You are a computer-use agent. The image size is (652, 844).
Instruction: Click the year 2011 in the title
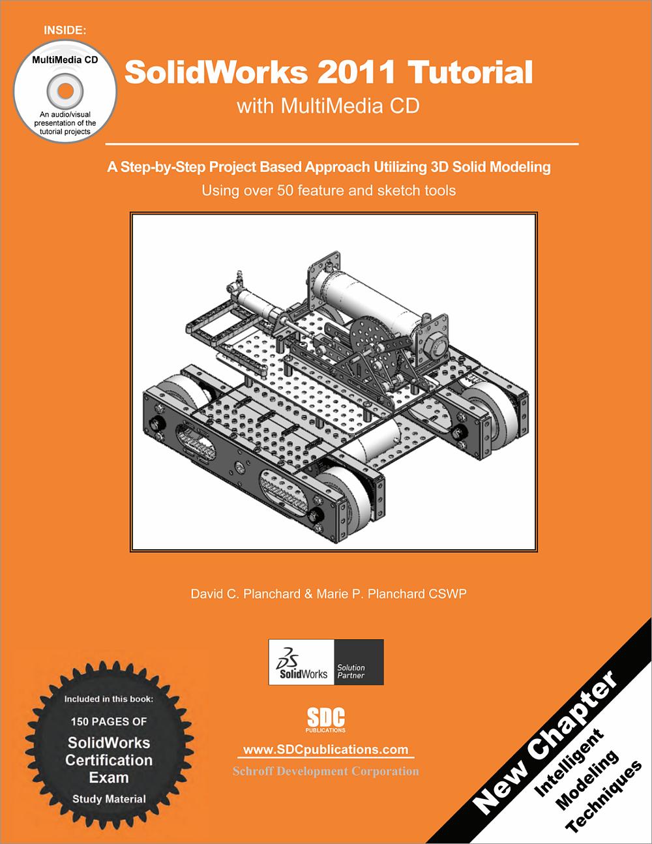(357, 72)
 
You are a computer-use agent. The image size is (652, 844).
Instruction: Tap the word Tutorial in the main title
(469, 72)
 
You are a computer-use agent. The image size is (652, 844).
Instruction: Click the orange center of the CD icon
(65, 89)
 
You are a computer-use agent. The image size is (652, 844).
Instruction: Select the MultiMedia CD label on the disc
(65, 60)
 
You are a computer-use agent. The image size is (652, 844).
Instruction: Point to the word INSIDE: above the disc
(65, 30)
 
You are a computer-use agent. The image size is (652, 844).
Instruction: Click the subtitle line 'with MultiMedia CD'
(327, 106)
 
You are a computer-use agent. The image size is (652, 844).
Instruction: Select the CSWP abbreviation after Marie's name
(448, 594)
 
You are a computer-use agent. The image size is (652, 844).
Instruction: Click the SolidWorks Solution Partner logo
(326, 662)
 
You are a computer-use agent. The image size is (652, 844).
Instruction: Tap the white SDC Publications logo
(326, 719)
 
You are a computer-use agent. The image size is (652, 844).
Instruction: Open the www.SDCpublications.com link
(326, 750)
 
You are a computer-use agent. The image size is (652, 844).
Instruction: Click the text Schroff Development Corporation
(326, 772)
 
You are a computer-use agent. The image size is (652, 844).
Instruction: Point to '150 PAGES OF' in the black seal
(109, 721)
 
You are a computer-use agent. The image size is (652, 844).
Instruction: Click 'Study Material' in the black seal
(109, 799)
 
